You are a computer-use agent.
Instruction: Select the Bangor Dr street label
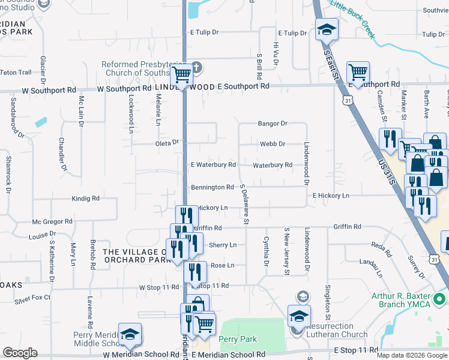pos(273,124)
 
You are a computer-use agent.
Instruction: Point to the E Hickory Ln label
pos(331,196)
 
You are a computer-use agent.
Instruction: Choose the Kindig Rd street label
pos(85,198)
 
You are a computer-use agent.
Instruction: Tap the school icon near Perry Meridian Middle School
pos(130,335)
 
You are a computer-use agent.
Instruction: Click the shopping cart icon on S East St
pos(358,73)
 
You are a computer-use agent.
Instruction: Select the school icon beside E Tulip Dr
pos(327,29)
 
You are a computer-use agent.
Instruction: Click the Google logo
pos(19,352)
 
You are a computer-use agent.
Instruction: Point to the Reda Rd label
pos(381,245)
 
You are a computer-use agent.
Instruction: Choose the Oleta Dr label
pos(167,143)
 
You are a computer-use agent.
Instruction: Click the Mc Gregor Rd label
pos(53,221)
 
